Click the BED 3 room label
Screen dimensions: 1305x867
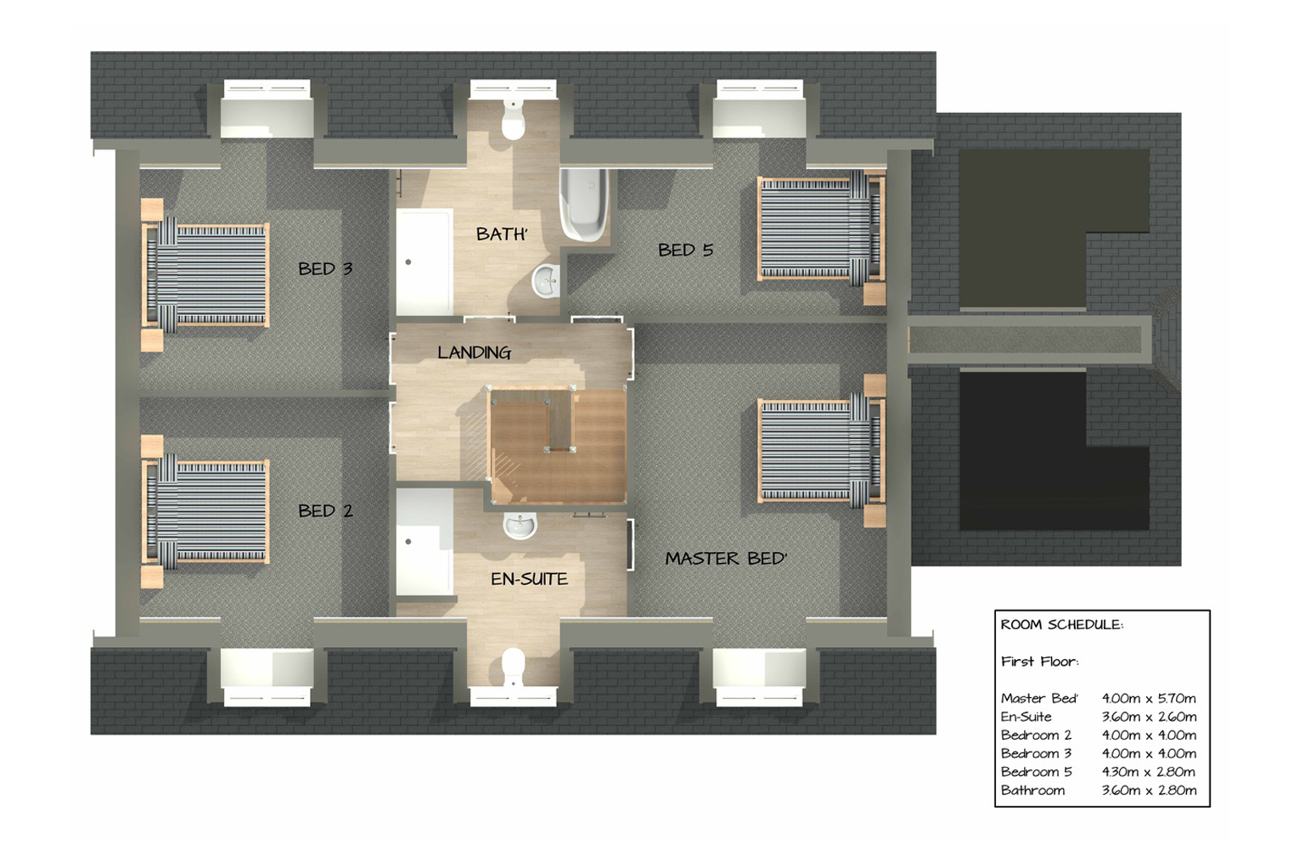(325, 268)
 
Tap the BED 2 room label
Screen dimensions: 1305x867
(325, 511)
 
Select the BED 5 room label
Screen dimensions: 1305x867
(685, 250)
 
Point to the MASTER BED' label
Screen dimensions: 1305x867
(726, 558)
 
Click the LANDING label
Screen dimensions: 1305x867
(475, 352)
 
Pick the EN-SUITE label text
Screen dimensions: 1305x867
(529, 578)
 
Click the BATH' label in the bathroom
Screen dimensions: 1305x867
(502, 234)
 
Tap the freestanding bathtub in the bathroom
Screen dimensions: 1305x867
(584, 205)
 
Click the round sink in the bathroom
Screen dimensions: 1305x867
(547, 281)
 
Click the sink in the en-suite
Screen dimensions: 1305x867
(520, 526)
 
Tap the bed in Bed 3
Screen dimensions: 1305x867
(205, 275)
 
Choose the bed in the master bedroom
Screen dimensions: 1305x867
(822, 451)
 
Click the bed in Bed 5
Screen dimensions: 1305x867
(822, 237)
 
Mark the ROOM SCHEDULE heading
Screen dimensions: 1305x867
(1062, 625)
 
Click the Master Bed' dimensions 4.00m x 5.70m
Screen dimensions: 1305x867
(1149, 698)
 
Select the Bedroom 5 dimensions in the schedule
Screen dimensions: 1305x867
(1149, 771)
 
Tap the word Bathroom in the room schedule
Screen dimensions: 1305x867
(1033, 790)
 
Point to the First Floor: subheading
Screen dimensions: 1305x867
(1040, 662)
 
